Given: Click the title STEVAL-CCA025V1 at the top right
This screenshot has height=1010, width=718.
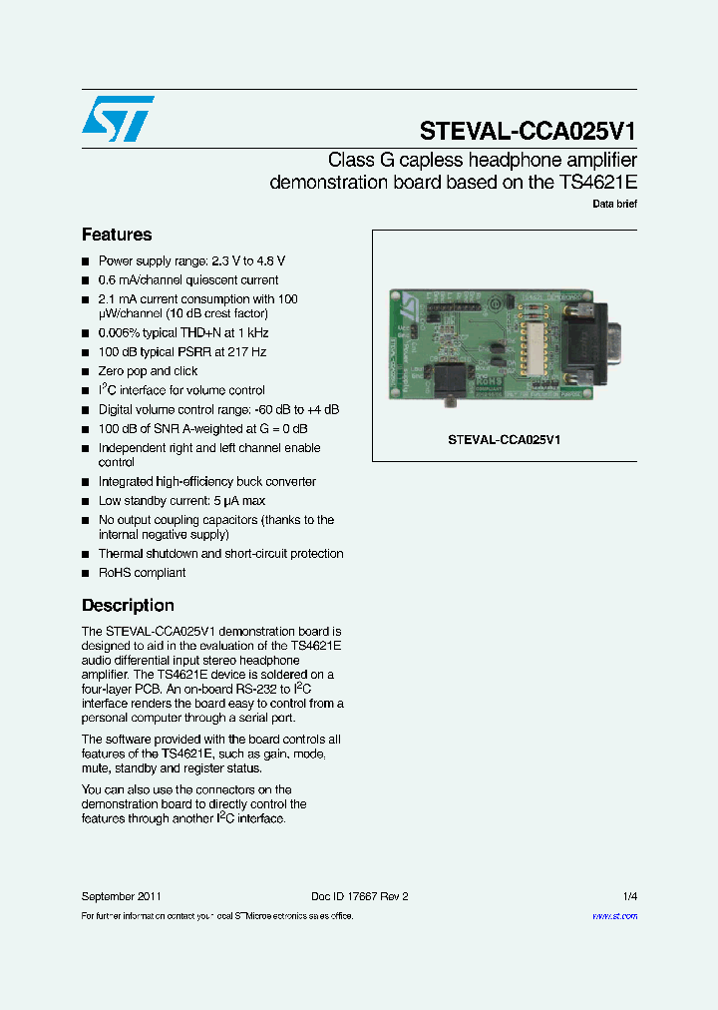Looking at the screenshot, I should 528,132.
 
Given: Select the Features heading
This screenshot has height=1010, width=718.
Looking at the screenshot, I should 117,236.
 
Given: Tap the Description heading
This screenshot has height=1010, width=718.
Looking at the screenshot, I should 128,606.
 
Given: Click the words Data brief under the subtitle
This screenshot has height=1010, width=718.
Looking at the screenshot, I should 614,204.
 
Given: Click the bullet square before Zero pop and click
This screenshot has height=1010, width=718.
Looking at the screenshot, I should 86,372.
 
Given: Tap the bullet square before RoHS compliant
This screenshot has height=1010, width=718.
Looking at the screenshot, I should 86,574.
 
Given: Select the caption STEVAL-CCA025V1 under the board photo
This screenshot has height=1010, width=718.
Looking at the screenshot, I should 504,439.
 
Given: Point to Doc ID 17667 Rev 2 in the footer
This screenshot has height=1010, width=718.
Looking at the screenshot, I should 359,896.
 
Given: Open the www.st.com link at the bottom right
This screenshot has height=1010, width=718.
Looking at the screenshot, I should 614,916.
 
